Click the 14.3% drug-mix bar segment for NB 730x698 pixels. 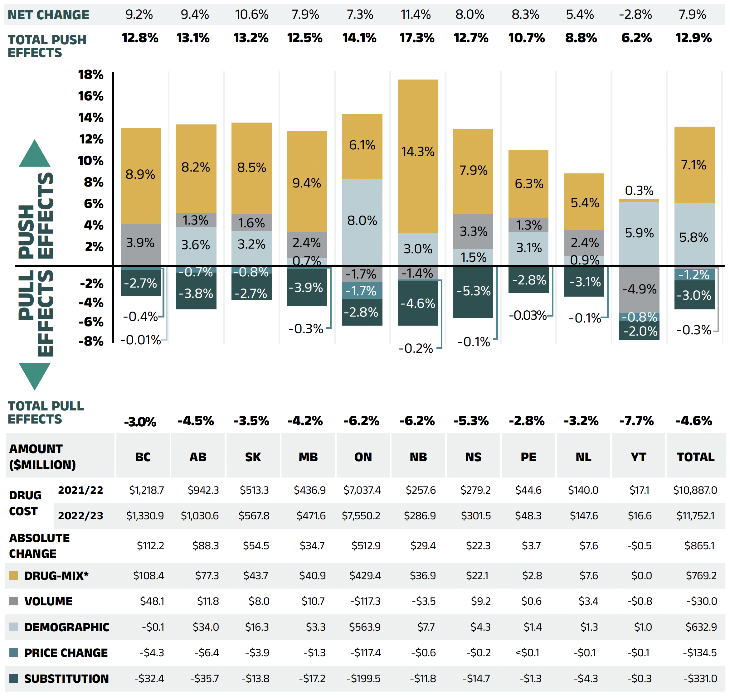point(417,156)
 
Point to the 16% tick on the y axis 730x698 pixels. point(90,96)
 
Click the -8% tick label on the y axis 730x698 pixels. point(91,341)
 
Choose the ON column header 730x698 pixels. point(363,457)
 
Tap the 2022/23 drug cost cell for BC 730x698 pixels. point(145,515)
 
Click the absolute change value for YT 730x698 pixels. point(639,545)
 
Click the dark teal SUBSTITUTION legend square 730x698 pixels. point(14,678)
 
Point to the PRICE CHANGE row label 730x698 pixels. point(66,652)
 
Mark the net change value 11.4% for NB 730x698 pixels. point(416,15)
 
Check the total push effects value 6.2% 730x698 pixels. point(636,38)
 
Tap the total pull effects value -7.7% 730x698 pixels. point(636,421)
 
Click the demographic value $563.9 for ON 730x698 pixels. point(365,627)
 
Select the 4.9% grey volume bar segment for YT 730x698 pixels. point(639,289)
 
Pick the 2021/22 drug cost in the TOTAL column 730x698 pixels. point(695,490)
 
